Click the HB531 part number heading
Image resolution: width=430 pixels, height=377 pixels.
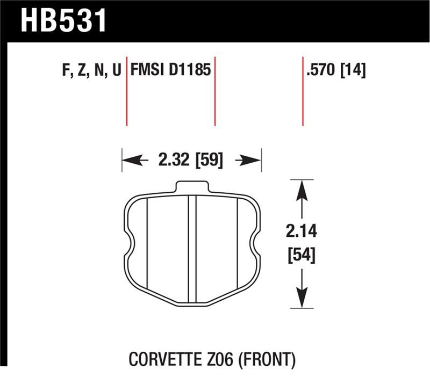coord(64,20)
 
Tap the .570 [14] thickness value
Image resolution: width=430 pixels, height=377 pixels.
coord(335,71)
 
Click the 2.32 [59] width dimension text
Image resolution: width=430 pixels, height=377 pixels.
coord(191,160)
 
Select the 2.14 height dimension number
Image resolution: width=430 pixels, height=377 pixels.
coord(302,233)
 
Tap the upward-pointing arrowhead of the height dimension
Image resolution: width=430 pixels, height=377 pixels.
coord(302,189)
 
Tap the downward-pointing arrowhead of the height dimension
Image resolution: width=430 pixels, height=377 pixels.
coord(302,299)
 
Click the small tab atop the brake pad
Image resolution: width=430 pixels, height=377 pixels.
coord(192,186)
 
